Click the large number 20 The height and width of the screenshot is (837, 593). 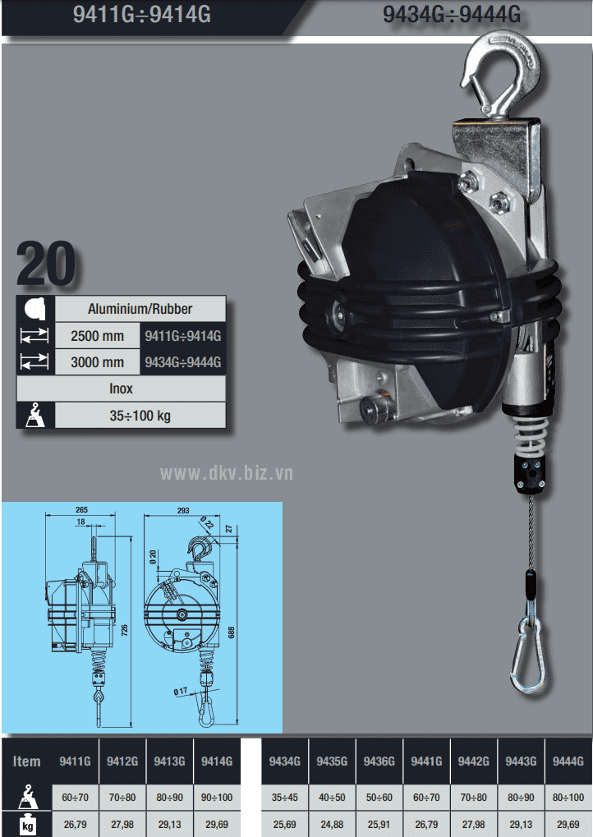46,264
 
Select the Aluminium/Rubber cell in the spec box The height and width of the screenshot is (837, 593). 140,309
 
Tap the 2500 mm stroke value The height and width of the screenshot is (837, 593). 97,336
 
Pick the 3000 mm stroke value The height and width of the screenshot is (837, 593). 97,362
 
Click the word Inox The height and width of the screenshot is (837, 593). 122,389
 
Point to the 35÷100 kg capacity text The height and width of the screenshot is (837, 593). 140,416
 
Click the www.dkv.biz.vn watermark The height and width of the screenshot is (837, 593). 227,473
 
